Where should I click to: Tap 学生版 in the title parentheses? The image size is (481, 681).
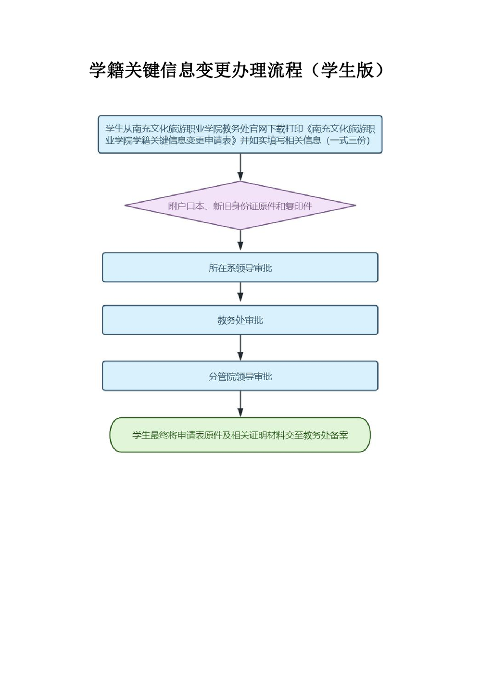(x=347, y=70)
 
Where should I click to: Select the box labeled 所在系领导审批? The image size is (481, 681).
(x=240, y=268)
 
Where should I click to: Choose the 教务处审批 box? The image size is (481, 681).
(x=240, y=320)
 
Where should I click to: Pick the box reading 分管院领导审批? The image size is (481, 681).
(x=240, y=376)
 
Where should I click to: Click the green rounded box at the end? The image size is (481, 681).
(x=240, y=435)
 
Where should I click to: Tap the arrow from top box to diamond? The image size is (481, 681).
(x=240, y=167)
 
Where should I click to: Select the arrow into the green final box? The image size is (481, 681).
(x=240, y=404)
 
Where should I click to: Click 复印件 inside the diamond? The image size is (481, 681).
(x=298, y=206)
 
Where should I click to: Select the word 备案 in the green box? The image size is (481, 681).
(x=339, y=435)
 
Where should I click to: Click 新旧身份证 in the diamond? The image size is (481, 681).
(x=236, y=206)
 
